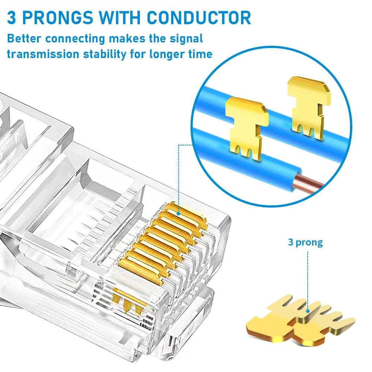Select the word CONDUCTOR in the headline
click(199, 18)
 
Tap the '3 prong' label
click(305, 243)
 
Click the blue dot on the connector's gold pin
click(179, 214)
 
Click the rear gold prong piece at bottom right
click(324, 320)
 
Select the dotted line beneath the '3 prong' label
click(308, 279)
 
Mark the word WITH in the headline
click(120, 18)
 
